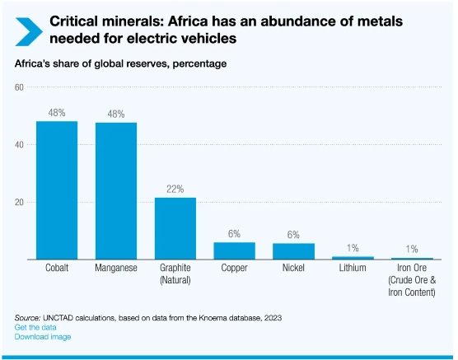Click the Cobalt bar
pos(57,190)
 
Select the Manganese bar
pos(116,191)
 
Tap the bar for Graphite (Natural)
pos(175,228)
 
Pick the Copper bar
pos(234,250)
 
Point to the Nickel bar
pos(293,251)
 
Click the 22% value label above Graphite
pos(175,189)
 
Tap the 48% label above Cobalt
pos(57,113)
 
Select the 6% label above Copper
pos(234,234)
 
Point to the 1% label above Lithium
pos(353,248)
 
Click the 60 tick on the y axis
pos(19,87)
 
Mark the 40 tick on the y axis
pos(19,145)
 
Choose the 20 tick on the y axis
pos(19,202)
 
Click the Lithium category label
pos(353,268)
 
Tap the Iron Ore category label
pos(412,280)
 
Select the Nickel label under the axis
pos(293,268)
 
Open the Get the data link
pos(35,327)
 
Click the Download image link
pos(43,337)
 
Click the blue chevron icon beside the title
pos(29,32)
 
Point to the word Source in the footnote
pos(27,318)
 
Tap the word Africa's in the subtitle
pos(32,63)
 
